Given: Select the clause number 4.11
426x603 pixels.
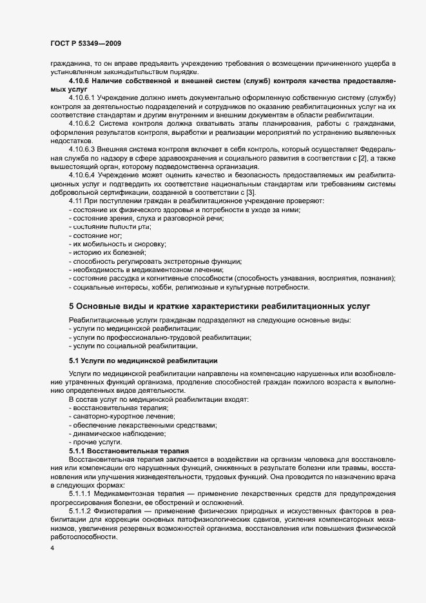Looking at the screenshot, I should [75, 203].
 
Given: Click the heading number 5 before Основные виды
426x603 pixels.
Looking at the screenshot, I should [72, 306].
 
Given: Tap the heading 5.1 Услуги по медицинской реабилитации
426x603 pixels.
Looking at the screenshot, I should [143, 360].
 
